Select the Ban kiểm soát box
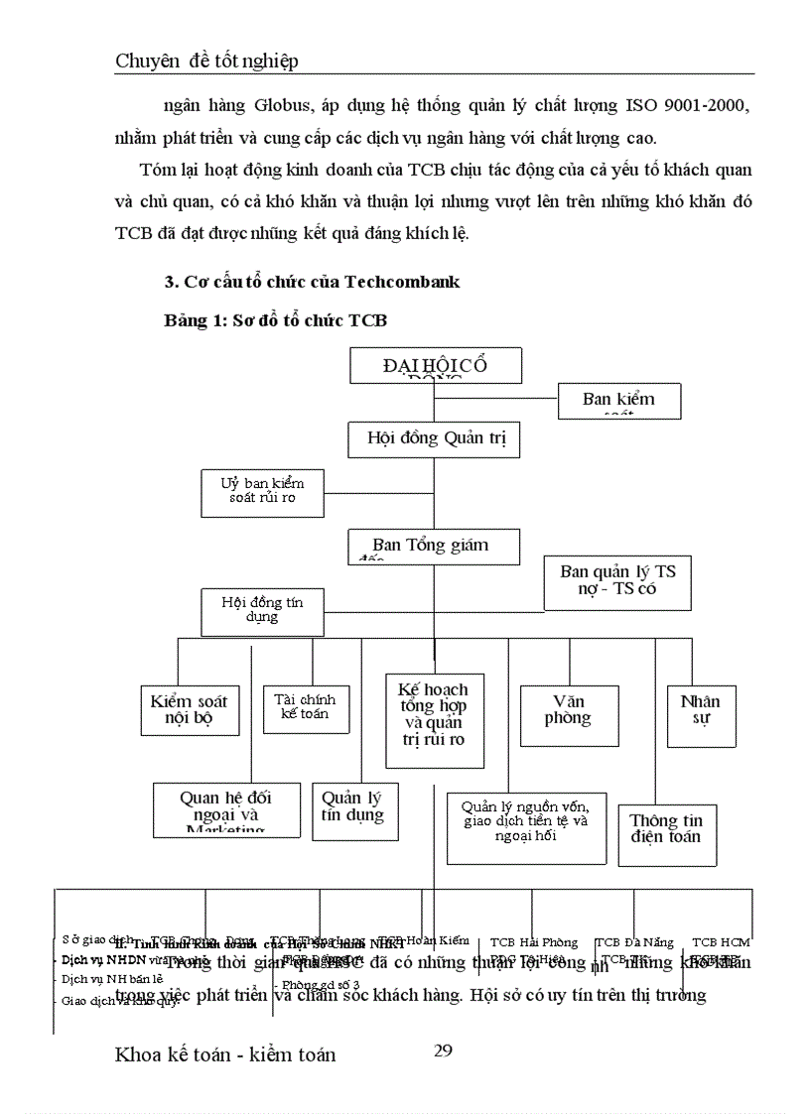pos(618,400)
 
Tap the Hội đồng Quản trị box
pos(434,437)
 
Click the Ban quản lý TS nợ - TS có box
pos(617,582)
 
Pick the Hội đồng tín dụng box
pos(262,611)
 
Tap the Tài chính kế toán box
pos(306,707)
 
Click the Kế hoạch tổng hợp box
pos(434,718)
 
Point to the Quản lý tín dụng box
pos(351,810)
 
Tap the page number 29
pos(444,1052)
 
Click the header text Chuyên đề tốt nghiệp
pos(206,62)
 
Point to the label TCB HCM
pos(721,942)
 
